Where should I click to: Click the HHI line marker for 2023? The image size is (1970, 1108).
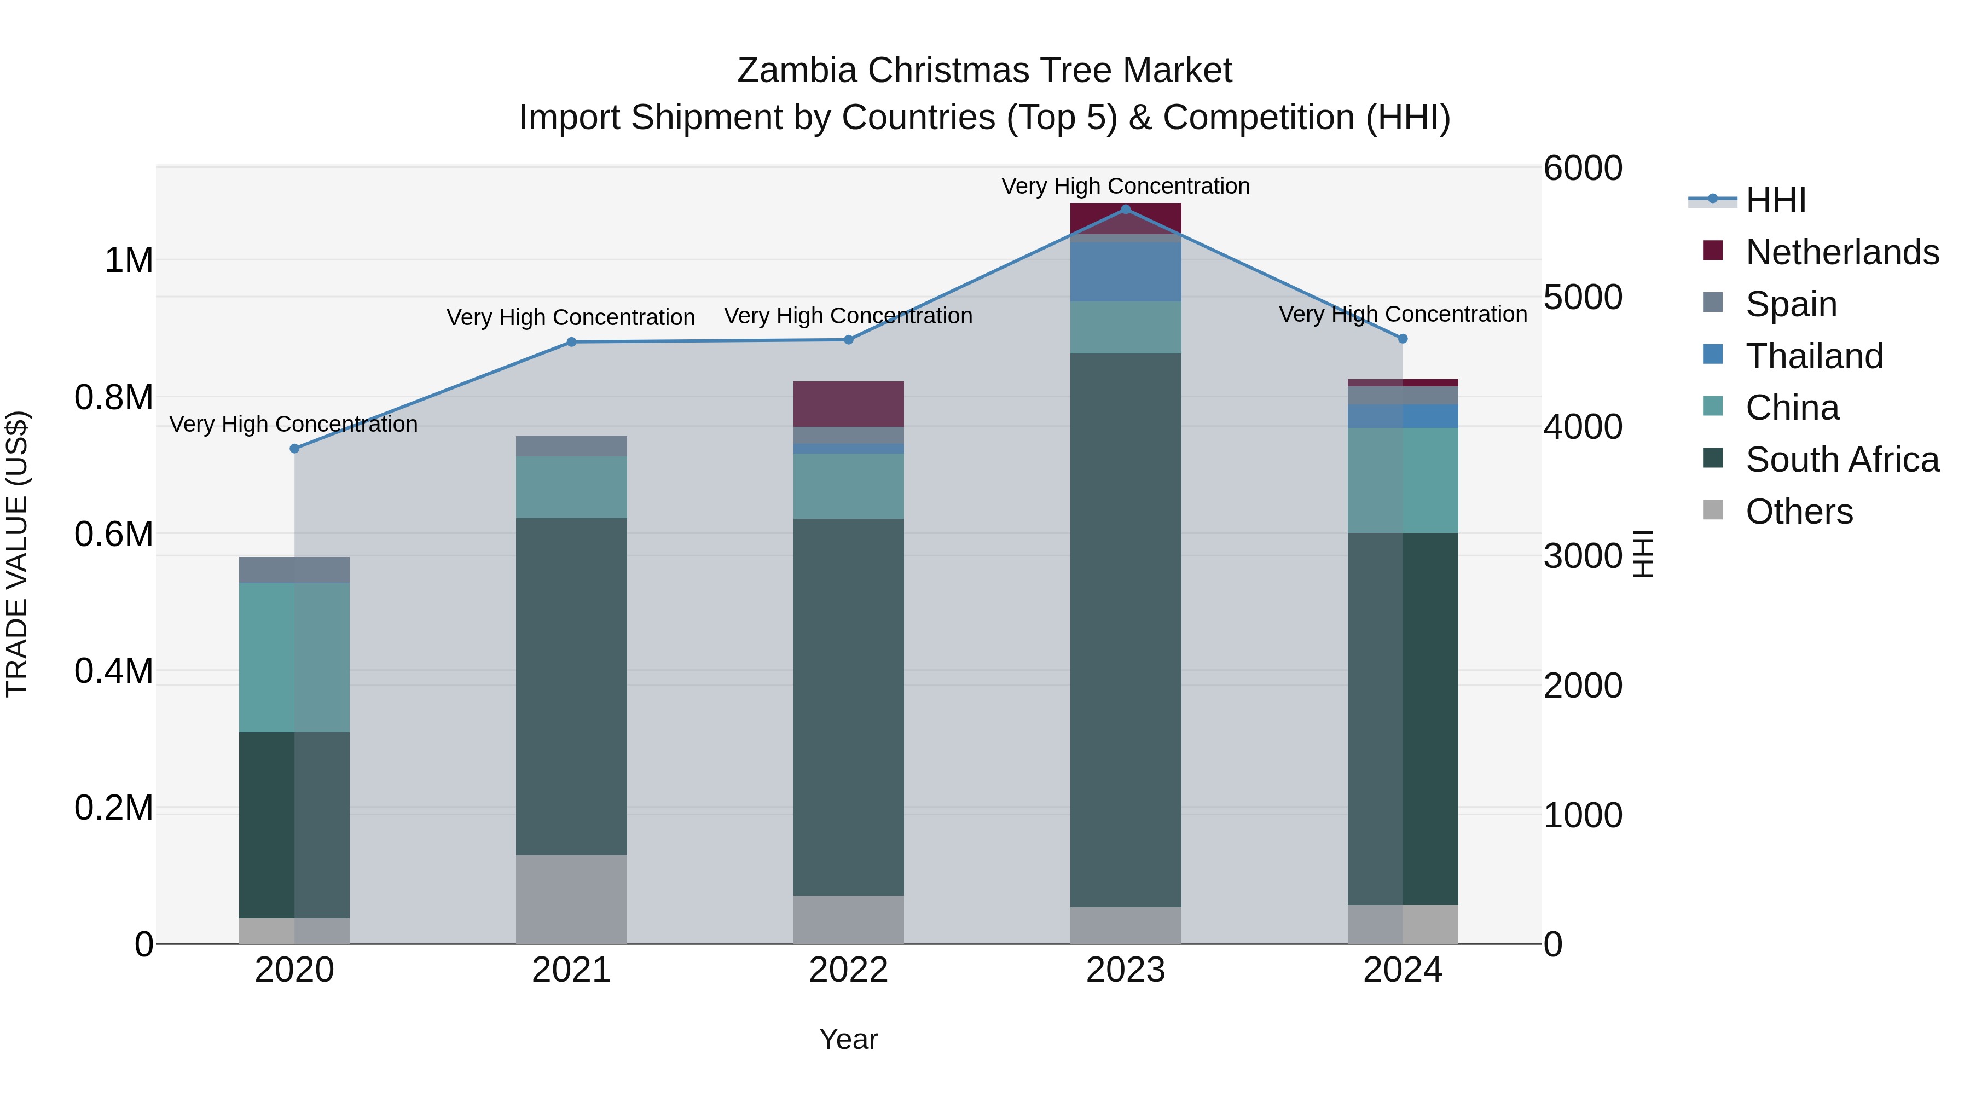coord(1125,209)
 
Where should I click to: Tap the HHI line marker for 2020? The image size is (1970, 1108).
coord(294,448)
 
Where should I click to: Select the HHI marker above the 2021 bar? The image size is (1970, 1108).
coord(571,342)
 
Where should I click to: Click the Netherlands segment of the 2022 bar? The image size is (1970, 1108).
coord(848,404)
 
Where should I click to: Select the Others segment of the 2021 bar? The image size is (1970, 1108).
coord(571,898)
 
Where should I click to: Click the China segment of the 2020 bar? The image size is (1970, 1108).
coord(294,658)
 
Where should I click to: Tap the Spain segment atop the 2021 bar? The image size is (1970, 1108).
coord(571,446)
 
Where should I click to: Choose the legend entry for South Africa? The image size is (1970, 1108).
coord(1841,460)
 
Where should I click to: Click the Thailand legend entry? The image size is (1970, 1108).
coord(1813,356)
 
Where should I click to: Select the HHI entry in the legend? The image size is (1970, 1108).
coord(1775,200)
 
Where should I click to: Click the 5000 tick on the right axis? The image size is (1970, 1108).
coord(1582,298)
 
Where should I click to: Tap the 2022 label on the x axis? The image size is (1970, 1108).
coord(848,970)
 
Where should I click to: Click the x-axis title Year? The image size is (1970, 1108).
coord(848,1039)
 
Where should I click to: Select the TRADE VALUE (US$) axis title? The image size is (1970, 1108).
coord(17,554)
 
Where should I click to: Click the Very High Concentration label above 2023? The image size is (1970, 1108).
coord(1125,186)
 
